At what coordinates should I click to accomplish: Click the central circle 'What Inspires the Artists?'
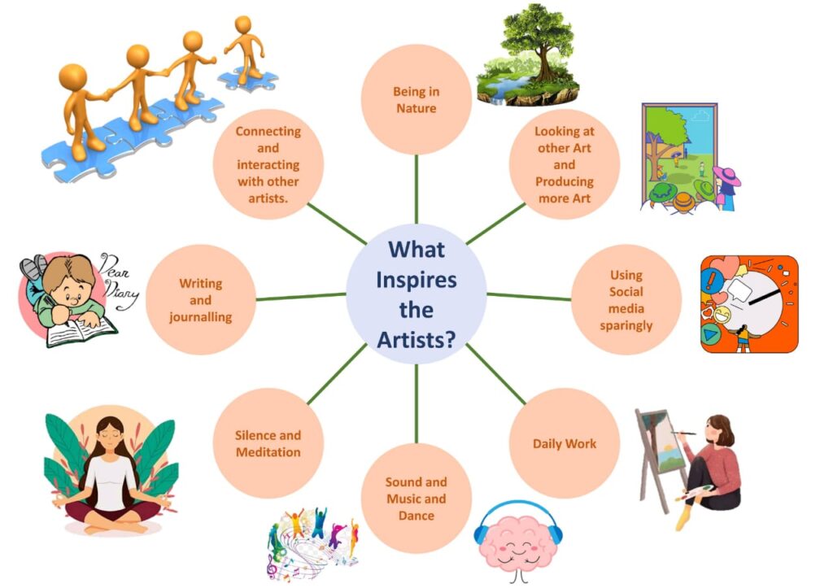point(416,294)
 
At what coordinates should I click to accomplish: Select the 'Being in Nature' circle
point(416,99)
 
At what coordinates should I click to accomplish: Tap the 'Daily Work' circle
point(565,443)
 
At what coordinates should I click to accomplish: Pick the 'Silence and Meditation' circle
point(268,443)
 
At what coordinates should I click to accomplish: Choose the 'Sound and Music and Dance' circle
point(416,499)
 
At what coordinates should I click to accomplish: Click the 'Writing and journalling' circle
point(201,299)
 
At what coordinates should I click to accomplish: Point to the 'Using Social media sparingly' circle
point(626,299)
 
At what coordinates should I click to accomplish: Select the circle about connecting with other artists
point(268,164)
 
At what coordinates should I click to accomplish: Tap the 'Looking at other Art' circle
point(565,164)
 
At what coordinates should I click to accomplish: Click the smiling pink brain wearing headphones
point(518,542)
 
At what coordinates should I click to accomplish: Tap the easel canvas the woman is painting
point(662,442)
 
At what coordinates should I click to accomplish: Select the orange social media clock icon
point(749,304)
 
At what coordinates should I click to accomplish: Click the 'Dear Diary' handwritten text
point(119,281)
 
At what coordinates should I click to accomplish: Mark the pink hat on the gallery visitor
point(726,176)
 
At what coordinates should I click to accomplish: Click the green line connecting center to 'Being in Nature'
point(416,189)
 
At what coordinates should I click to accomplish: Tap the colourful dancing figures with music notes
point(313,542)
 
